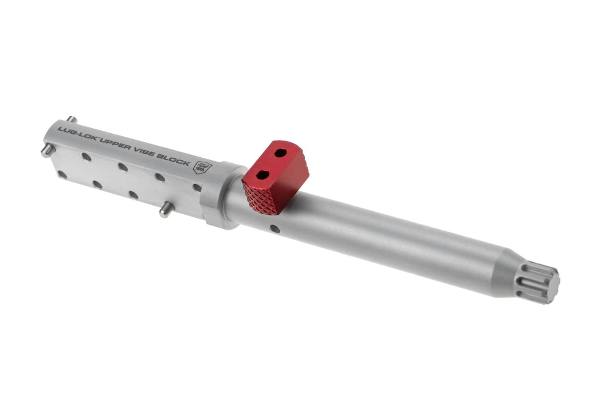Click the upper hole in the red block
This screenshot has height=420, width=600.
pos(281,153)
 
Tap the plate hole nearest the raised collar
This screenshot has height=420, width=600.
pos(197,187)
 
